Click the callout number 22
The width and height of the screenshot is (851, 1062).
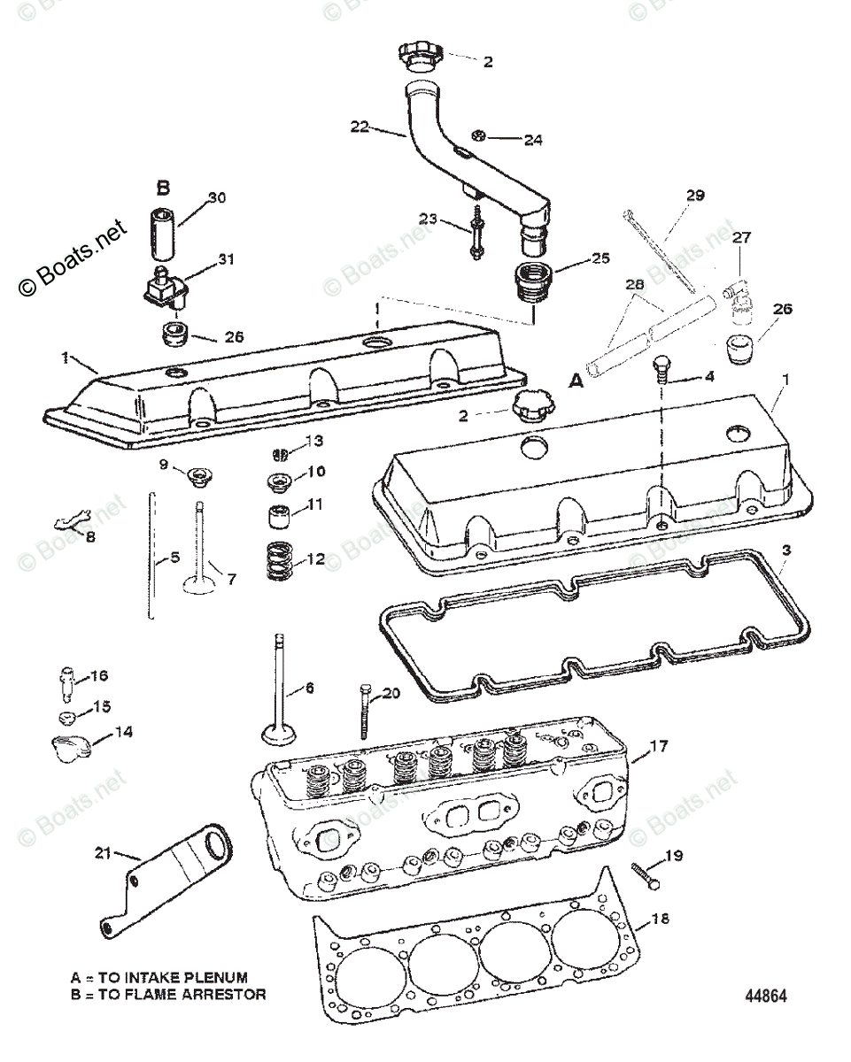[359, 127]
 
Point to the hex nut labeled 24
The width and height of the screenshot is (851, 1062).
[475, 136]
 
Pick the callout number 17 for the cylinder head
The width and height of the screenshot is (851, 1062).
[659, 745]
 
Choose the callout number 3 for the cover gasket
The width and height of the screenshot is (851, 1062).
[786, 550]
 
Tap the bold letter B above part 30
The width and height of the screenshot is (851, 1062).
[163, 189]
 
